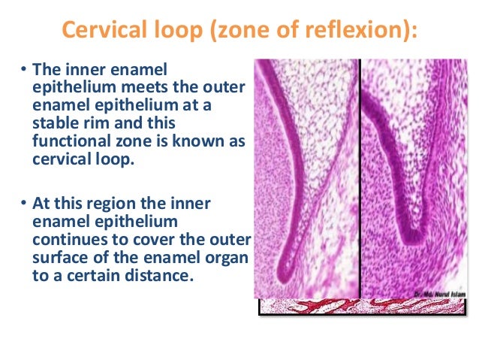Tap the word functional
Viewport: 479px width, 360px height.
(x=65, y=139)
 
